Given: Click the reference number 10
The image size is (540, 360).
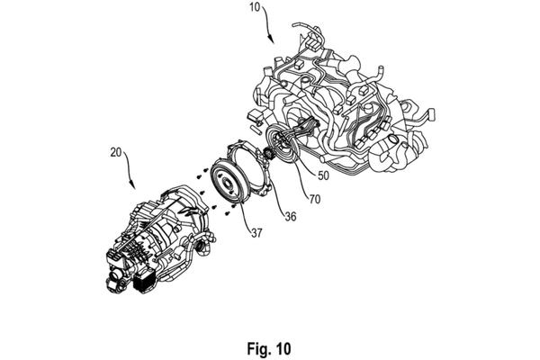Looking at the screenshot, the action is tap(255, 7).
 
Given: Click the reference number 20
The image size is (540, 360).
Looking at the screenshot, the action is tap(116, 152).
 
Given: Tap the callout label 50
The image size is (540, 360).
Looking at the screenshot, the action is tap(323, 175).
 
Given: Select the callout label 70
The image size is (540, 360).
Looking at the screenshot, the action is tap(314, 199).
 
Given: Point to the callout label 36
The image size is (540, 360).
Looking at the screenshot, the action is tap(291, 216).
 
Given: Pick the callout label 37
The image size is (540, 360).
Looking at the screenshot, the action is tap(256, 233).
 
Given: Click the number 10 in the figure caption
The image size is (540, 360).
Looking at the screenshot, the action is tap(283, 348).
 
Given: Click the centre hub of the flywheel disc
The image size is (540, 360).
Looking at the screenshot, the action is tap(228, 183).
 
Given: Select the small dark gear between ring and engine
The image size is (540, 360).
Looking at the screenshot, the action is tap(268, 153).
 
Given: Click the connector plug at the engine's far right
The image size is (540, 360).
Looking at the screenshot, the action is tap(431, 114).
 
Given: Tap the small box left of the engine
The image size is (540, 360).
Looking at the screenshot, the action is tap(256, 115).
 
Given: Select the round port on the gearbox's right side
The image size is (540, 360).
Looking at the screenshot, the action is tap(201, 247).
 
